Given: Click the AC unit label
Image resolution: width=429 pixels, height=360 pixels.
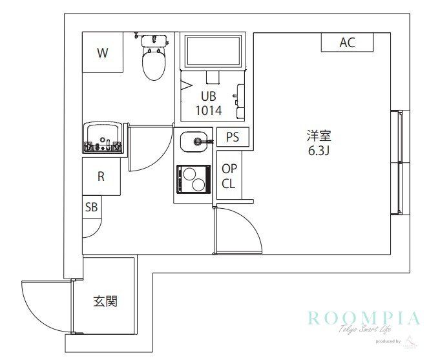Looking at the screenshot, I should tap(347, 43).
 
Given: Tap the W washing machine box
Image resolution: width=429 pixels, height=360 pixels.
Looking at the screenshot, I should tap(102, 53).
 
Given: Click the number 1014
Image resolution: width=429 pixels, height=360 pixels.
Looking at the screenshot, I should tap(208, 111).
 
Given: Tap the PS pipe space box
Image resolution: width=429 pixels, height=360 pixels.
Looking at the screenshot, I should tap(233, 137).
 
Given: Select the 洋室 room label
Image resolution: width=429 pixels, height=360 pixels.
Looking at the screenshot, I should tap(319, 136).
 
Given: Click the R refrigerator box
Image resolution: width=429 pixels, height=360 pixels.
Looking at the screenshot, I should tap(101, 177).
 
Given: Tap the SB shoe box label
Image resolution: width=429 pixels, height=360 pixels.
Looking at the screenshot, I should tap(92, 207).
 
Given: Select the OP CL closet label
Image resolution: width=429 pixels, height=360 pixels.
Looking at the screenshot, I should tap(229, 176).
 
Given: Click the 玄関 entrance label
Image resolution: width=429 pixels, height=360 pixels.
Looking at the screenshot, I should tap(105, 301).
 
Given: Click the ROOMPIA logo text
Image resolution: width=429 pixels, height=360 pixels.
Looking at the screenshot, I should tap(363, 318).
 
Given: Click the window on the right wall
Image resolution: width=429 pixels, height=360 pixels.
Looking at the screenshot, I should tap(401, 162).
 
